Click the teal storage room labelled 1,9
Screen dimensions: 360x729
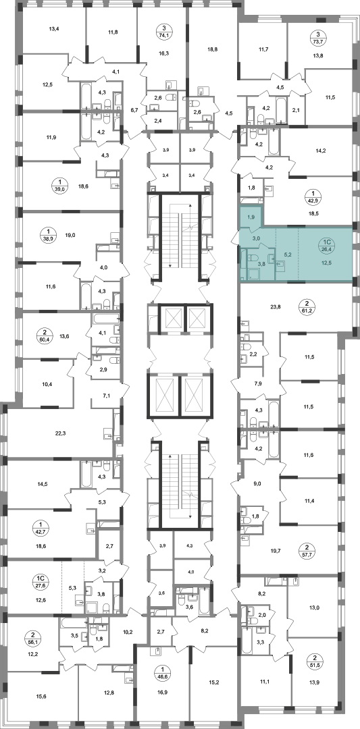251,216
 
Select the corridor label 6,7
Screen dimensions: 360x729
134,110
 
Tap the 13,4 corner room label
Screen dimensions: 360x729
54,29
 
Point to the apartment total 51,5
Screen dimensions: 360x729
318,671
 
